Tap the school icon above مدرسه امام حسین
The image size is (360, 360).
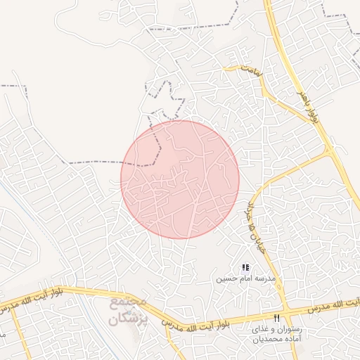pyautogui.click(x=245, y=267)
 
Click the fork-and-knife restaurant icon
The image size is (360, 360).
pyautogui.click(x=285, y=319)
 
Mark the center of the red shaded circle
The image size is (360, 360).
pyautogui.click(x=180, y=179)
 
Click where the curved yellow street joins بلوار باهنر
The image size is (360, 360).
pyautogui.click(x=329, y=151)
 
